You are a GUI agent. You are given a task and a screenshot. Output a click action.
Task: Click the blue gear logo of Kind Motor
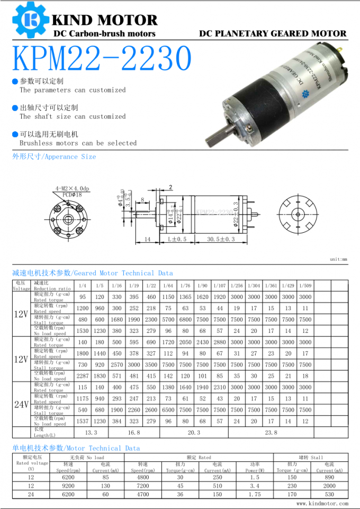(x=29, y=21)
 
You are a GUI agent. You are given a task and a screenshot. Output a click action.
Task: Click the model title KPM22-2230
(x=101, y=58)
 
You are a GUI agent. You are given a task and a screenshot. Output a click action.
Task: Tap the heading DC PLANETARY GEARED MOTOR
(x=273, y=33)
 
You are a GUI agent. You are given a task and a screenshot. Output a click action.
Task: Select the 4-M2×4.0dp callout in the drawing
(x=73, y=188)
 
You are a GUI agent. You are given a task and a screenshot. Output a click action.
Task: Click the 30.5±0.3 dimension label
(x=221, y=240)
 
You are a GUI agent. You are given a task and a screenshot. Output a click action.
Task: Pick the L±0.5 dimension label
(x=177, y=240)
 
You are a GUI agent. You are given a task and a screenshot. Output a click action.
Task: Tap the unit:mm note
(x=338, y=260)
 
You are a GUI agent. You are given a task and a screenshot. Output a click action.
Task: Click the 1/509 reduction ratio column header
(x=305, y=286)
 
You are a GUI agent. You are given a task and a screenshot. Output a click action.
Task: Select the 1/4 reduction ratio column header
(x=83, y=286)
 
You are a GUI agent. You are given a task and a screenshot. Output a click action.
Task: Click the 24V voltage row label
(x=21, y=404)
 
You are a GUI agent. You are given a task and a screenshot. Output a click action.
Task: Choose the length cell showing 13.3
(x=91, y=432)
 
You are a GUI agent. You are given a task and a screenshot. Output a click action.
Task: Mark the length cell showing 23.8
(x=271, y=432)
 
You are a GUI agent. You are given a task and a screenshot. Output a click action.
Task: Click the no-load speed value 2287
(x=83, y=376)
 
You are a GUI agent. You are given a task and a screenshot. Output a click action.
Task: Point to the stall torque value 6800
(x=185, y=320)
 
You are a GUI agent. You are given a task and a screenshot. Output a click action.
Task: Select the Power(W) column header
(x=255, y=469)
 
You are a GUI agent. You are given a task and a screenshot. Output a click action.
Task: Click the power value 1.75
(x=255, y=494)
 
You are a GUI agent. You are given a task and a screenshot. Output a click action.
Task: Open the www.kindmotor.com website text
(x=322, y=504)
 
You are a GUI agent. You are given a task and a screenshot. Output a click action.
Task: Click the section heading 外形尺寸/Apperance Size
(x=55, y=157)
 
